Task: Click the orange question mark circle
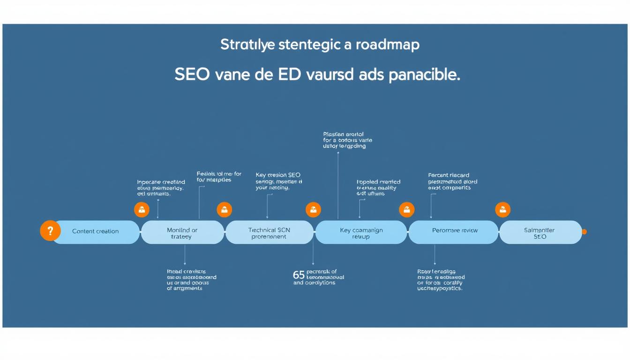[51, 231]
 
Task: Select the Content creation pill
[96, 232]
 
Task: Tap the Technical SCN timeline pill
[269, 233]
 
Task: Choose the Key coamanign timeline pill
[361, 233]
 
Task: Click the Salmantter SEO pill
[540, 233]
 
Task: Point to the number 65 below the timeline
[299, 275]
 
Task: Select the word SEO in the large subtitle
[192, 75]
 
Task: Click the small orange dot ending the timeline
[584, 232]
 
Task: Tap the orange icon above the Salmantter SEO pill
[502, 210]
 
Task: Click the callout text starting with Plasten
[347, 140]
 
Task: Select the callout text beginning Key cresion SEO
[279, 181]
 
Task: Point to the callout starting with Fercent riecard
[452, 181]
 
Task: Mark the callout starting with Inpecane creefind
[161, 187]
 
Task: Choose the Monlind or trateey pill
[182, 233]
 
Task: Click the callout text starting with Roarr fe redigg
[440, 280]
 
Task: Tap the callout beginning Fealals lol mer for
[219, 177]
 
